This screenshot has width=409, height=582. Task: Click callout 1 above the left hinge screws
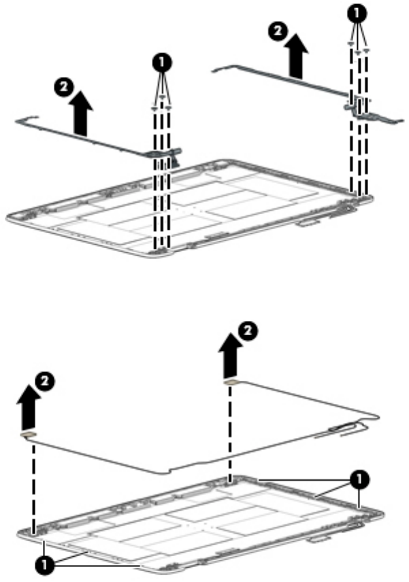(x=162, y=63)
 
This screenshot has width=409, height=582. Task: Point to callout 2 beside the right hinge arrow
(x=275, y=30)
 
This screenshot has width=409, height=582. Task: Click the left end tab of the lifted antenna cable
(x=29, y=433)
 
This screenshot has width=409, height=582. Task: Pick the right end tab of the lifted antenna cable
(x=232, y=381)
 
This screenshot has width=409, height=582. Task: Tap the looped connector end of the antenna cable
(x=344, y=427)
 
